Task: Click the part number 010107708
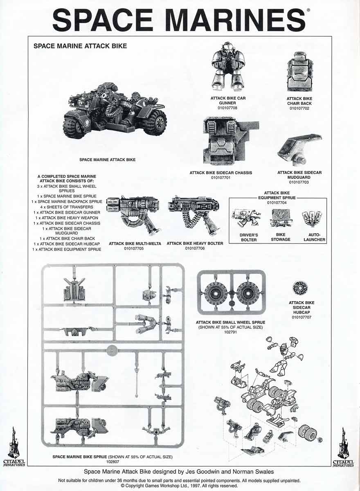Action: pos(227,108)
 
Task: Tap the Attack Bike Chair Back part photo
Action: pos(299,72)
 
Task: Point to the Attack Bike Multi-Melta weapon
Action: pos(134,215)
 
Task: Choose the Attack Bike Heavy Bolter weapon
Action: pos(194,214)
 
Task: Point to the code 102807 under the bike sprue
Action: pos(112,462)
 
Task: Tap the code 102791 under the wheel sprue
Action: pos(230,332)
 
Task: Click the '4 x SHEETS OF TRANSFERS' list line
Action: pos(67,207)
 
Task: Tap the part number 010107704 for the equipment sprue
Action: pos(277,203)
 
